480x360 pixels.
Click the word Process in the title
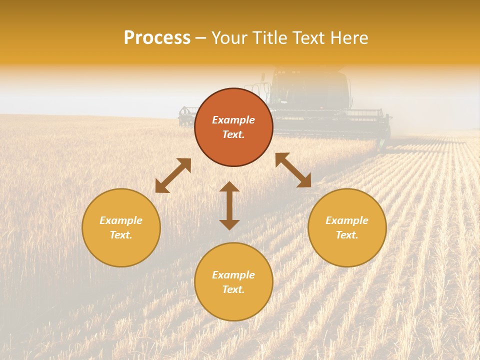click(x=157, y=38)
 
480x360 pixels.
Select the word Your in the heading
click(x=229, y=38)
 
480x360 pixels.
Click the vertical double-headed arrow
click(x=229, y=205)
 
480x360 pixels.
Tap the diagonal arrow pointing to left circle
click(x=173, y=175)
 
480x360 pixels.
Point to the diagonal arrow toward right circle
click(x=293, y=170)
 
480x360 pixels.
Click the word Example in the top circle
click(x=233, y=120)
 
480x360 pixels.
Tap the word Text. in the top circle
click(x=233, y=134)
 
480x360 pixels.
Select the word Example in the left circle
click(x=121, y=220)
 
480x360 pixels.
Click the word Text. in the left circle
click(x=121, y=235)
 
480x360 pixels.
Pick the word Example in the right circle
click(x=347, y=220)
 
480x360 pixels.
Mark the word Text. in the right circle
click(x=347, y=235)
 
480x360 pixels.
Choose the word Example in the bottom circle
click(x=233, y=275)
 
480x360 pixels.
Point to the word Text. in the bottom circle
click(x=233, y=289)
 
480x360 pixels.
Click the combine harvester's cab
click(x=310, y=87)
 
